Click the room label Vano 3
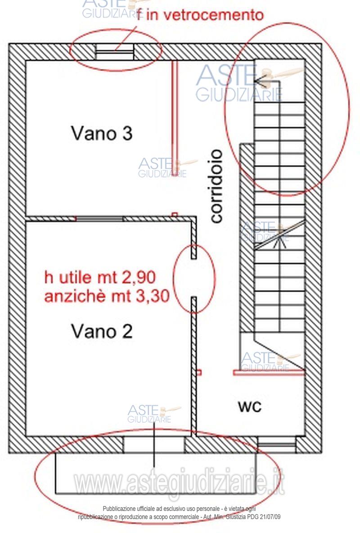tap(102, 133)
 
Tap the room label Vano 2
tap(102, 332)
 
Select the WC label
tap(250, 407)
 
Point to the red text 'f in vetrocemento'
tap(200, 15)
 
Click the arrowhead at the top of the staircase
tap(258, 81)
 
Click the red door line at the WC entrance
tap(269, 372)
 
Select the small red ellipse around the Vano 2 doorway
tap(194, 279)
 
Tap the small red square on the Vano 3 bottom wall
tap(175, 214)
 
